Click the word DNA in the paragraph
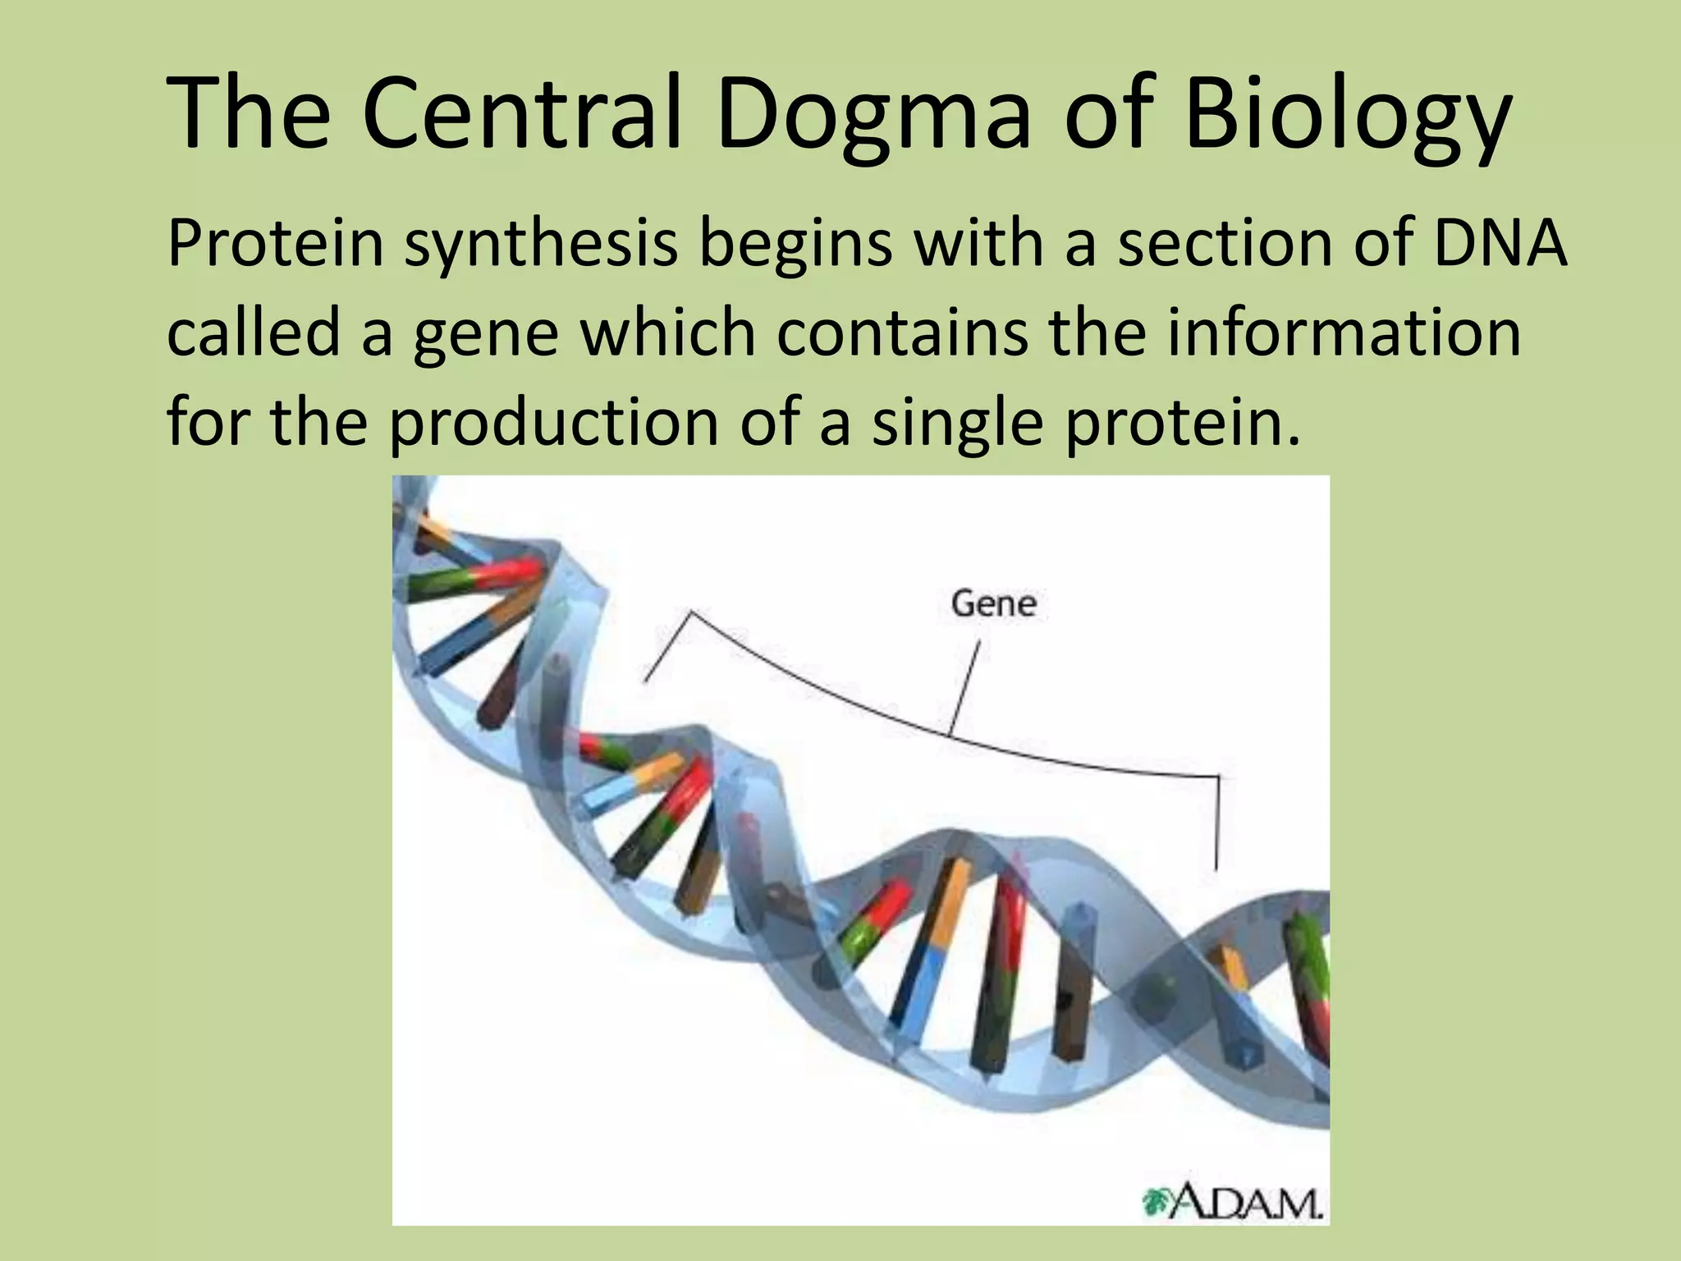pyautogui.click(x=1500, y=244)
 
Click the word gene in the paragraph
pyautogui.click(x=485, y=335)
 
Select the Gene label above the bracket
pyautogui.click(x=993, y=604)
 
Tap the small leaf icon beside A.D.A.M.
pyautogui.click(x=1157, y=1204)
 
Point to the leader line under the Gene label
pyautogui.click(x=965, y=686)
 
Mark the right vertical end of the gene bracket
pyautogui.click(x=1217, y=821)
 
